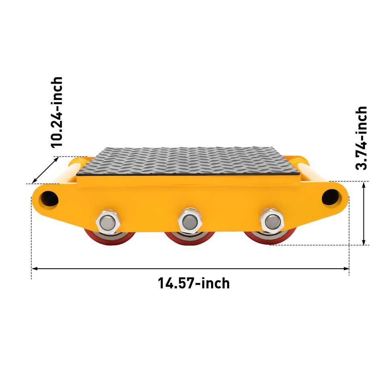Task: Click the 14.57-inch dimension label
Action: coord(194,283)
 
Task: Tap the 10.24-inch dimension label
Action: coord(57,112)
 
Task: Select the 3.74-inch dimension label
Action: coord(362,138)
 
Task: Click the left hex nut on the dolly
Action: coord(107,221)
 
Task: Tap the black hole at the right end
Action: coord(330,197)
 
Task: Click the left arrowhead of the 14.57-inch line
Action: coord(35,268)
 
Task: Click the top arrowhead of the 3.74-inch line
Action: coord(364,184)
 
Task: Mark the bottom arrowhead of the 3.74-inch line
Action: coord(364,242)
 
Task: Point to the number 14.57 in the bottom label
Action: coord(175,283)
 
